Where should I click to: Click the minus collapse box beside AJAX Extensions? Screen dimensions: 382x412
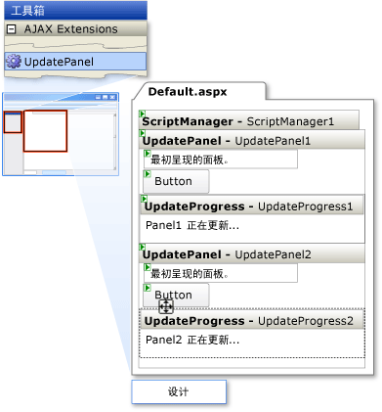point(11,29)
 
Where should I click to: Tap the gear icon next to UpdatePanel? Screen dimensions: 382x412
point(13,62)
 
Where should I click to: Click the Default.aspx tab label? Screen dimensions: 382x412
point(189,91)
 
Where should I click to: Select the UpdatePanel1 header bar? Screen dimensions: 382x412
point(253,141)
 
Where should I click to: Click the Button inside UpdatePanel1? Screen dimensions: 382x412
point(175,181)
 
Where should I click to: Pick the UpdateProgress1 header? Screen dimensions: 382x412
point(253,206)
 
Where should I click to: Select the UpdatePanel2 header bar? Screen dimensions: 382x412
point(253,254)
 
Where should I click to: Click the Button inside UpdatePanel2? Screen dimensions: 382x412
point(175,294)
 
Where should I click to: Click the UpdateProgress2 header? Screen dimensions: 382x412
point(253,320)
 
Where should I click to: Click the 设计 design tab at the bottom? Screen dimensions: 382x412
point(179,391)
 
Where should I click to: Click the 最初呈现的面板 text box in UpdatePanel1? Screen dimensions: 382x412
point(220,160)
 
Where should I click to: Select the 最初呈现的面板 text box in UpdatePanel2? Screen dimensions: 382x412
point(220,273)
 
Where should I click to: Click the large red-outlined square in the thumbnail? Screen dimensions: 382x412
point(45,130)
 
